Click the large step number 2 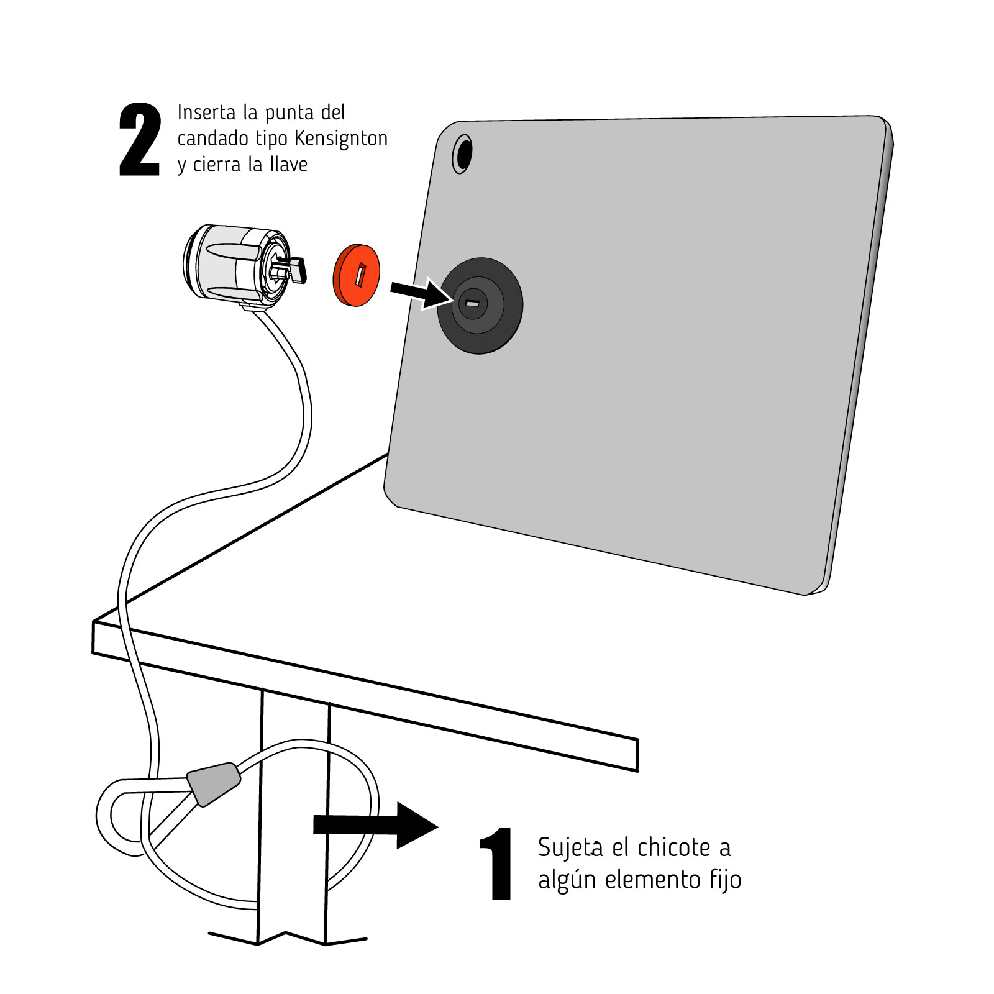pos(140,140)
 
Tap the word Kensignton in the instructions pos(341,138)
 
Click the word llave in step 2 pos(288,164)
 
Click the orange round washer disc pos(357,275)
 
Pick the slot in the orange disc pos(360,275)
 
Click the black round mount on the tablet pos(480,306)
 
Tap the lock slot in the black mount pos(472,303)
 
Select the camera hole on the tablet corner pos(463,153)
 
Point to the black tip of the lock pos(298,269)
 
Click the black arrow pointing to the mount pos(420,292)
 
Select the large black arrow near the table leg pos(376,825)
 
